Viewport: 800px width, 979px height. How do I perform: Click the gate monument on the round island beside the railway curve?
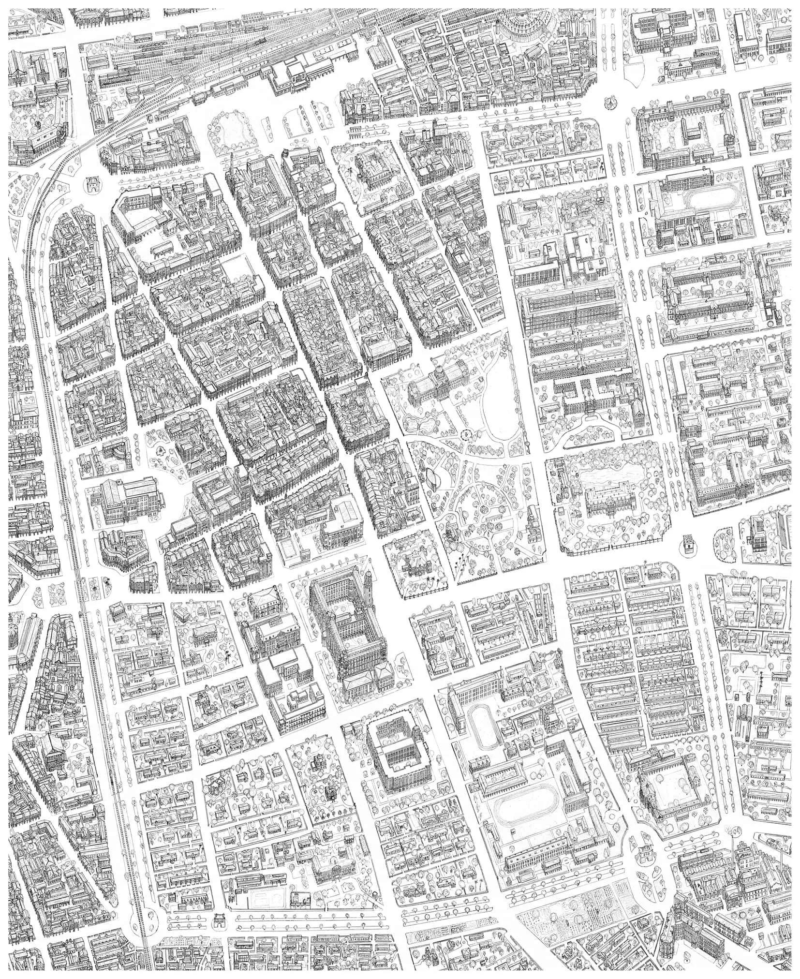(90, 184)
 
